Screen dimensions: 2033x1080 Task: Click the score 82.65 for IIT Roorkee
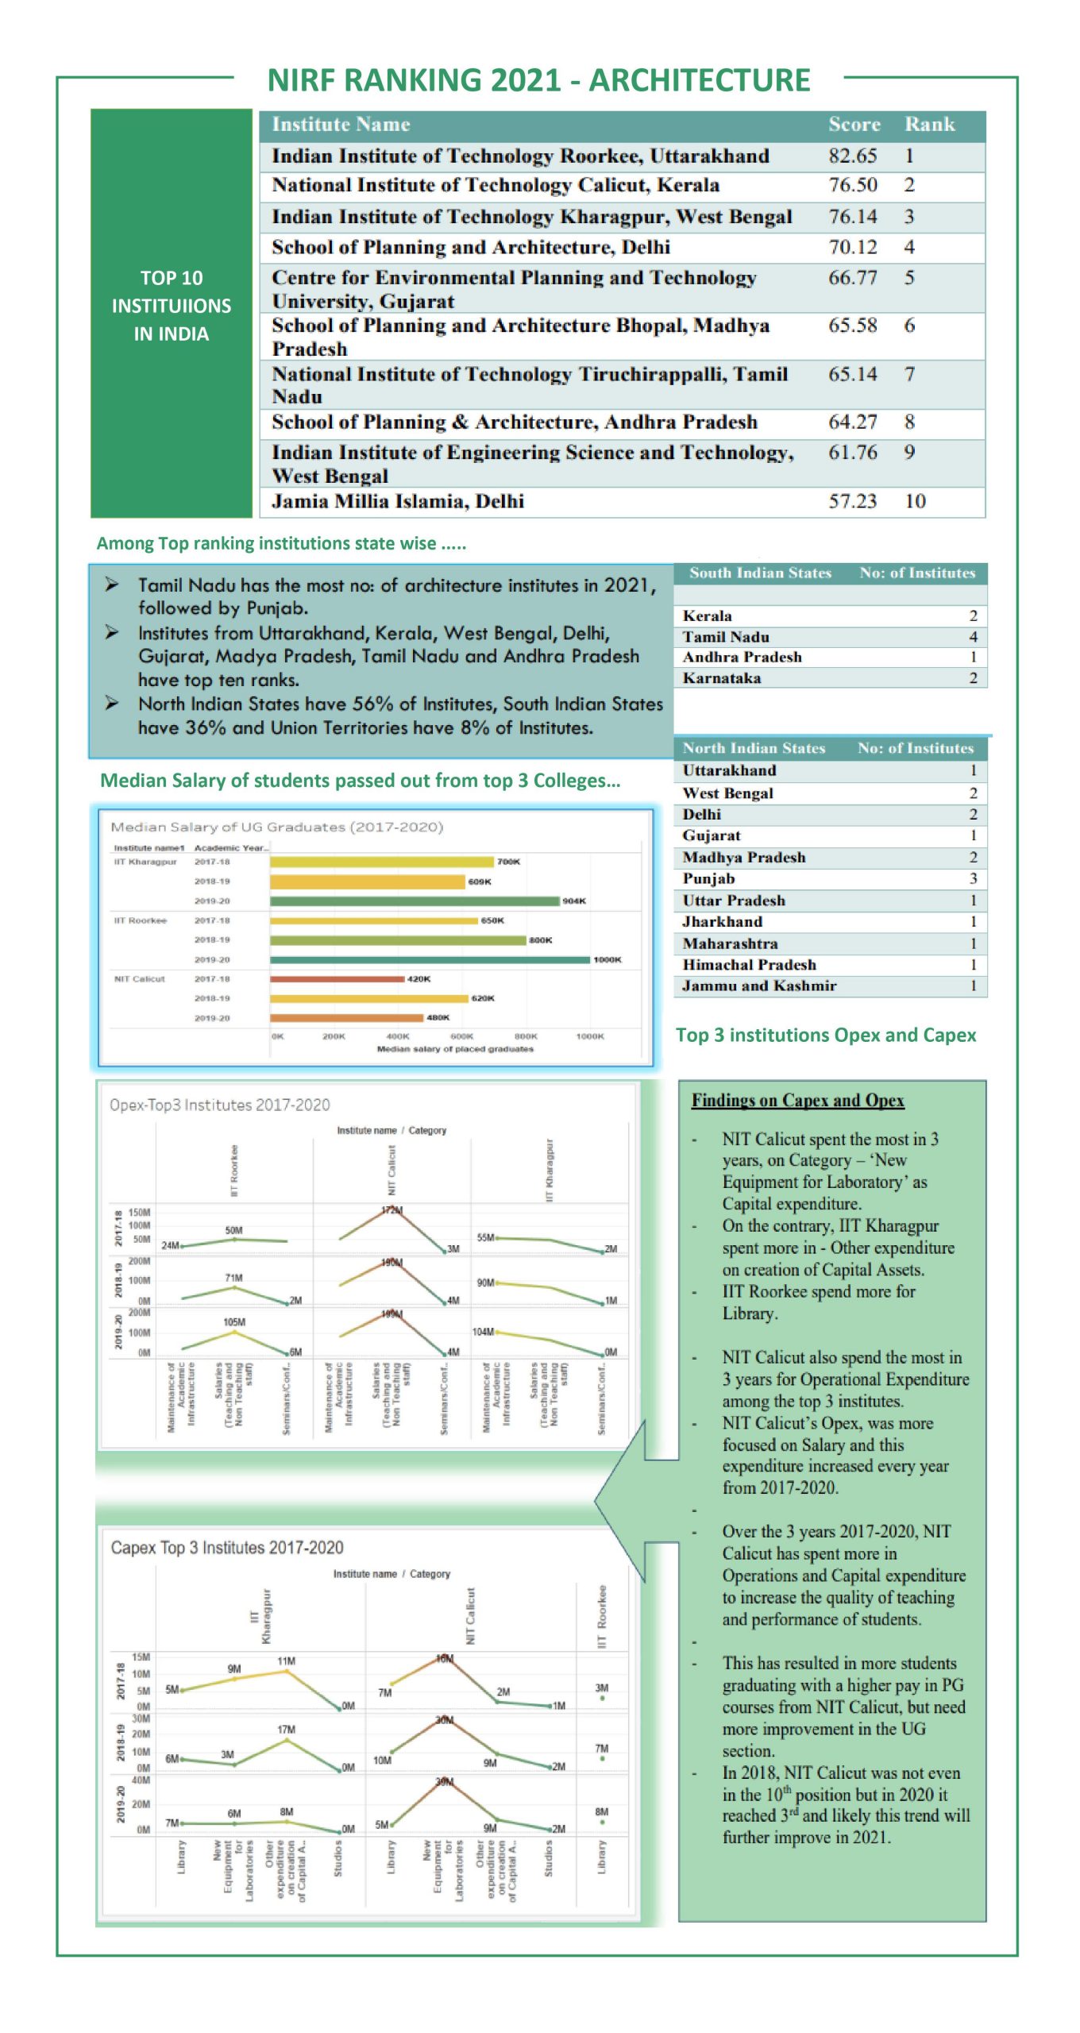852,156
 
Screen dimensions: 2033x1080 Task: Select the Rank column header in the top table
929,125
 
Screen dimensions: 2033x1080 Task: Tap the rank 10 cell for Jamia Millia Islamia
915,501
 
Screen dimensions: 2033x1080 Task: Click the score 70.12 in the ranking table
852,247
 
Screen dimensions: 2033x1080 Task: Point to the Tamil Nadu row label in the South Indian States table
725,637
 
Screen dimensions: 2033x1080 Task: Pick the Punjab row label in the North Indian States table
708,878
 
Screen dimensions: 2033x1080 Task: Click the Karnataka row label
721,678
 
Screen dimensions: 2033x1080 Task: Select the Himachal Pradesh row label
749,964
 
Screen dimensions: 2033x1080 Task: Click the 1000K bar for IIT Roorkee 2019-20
430,959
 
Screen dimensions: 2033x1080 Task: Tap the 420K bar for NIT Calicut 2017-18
337,979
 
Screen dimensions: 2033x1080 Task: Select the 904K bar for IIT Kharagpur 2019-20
415,901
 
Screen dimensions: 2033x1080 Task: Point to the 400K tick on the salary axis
398,1036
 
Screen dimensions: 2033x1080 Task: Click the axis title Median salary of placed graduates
455,1049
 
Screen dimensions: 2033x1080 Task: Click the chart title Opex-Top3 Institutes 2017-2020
219,1105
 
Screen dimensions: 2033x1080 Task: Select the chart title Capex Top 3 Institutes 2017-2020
227,1548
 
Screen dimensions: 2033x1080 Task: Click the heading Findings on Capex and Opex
797,1100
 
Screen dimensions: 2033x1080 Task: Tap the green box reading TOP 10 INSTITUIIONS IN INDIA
172,307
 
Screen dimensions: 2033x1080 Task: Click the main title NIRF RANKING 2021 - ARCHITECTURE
538,81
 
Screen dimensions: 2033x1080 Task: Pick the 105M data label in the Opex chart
234,1322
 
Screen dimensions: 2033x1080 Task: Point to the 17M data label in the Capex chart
287,1729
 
